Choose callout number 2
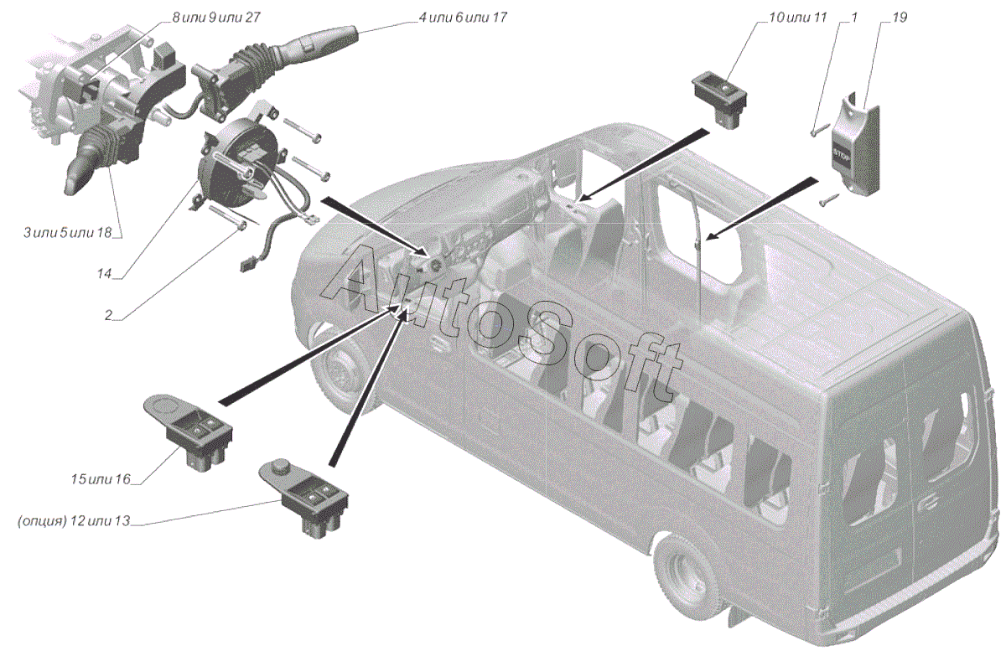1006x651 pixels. (110, 315)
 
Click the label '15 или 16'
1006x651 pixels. (101, 479)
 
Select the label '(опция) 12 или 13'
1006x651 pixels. (74, 521)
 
